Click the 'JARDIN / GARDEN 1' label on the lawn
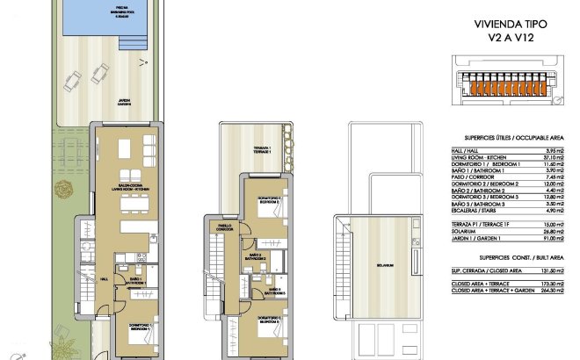click(125, 102)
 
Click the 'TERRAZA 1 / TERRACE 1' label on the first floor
click(262, 149)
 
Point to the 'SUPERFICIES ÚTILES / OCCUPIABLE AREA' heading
click(498, 139)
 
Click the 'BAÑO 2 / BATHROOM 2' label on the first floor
click(255, 257)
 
